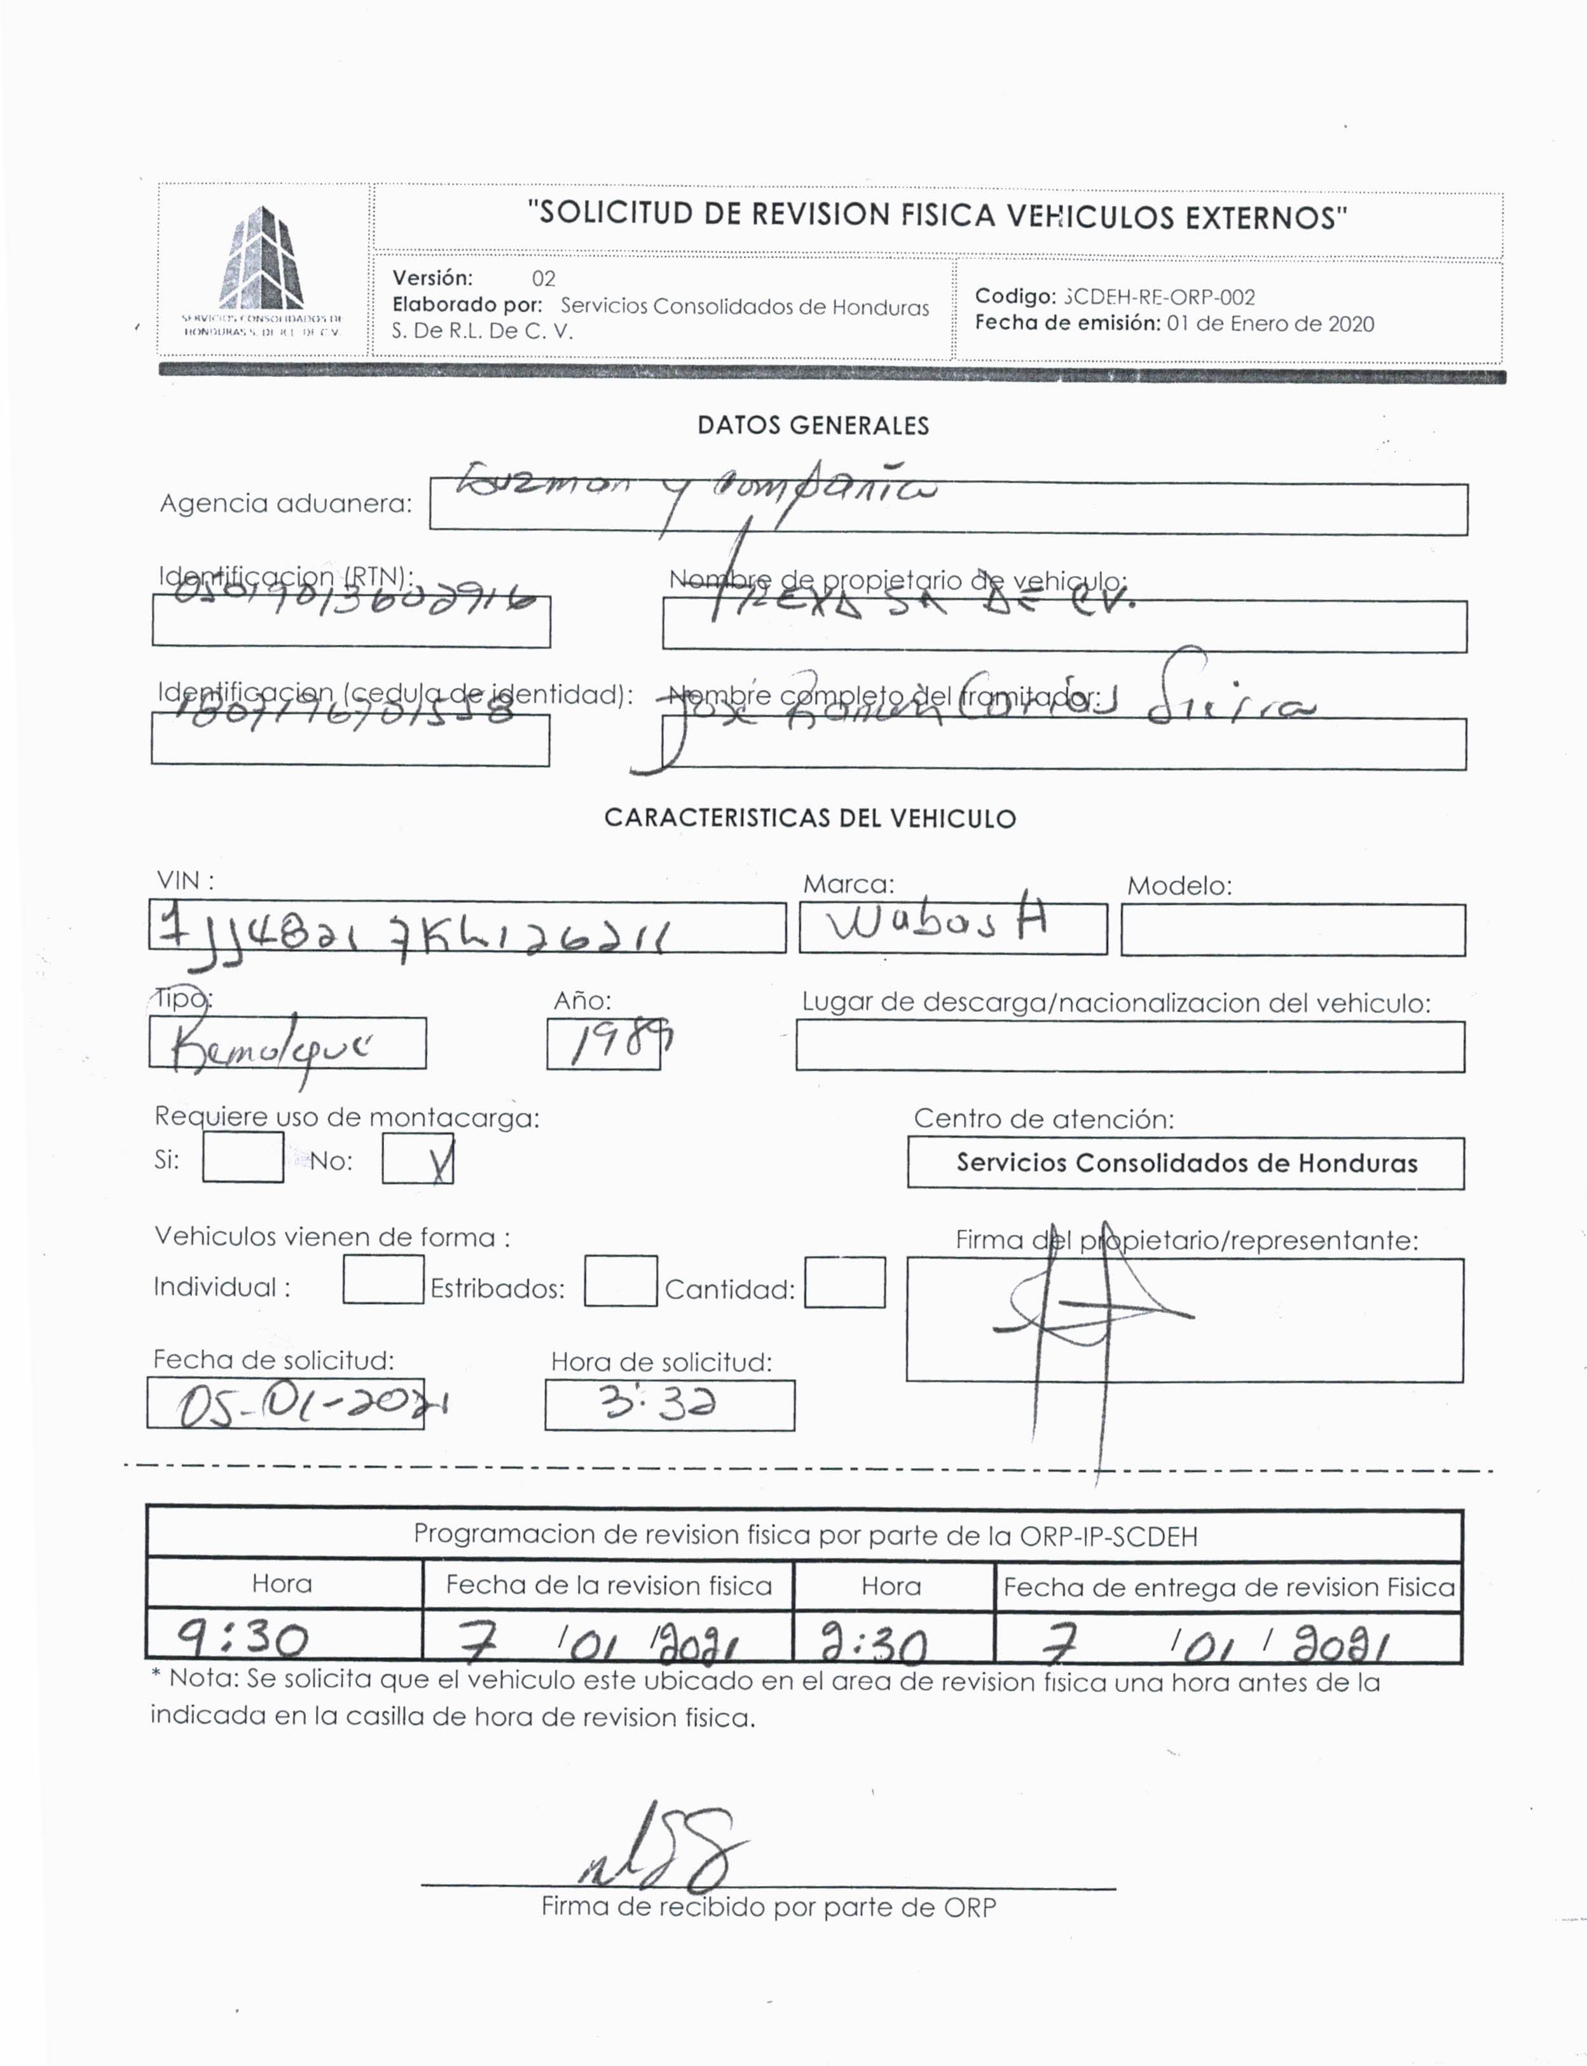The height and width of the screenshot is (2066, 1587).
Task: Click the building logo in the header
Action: coord(262,260)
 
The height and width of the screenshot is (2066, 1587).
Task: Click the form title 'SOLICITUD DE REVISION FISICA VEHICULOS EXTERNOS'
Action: coord(937,216)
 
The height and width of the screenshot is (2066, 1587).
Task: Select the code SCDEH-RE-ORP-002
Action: coord(1159,296)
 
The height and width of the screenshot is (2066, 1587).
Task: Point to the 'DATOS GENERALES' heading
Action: coord(813,426)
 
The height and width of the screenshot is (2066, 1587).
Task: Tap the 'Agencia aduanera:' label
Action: coord(285,504)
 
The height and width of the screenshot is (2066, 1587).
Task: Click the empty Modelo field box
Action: coord(1292,930)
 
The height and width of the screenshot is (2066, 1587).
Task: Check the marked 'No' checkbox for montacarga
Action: coord(418,1159)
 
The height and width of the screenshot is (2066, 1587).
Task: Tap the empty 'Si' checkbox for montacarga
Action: coord(243,1158)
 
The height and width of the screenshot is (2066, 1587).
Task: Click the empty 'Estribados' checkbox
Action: coord(620,1281)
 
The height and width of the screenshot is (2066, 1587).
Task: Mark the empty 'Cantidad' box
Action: coord(844,1282)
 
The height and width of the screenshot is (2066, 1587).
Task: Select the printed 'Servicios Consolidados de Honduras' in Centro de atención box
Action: coord(1186,1163)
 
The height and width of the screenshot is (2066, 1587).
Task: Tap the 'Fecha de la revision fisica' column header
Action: coord(608,1584)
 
